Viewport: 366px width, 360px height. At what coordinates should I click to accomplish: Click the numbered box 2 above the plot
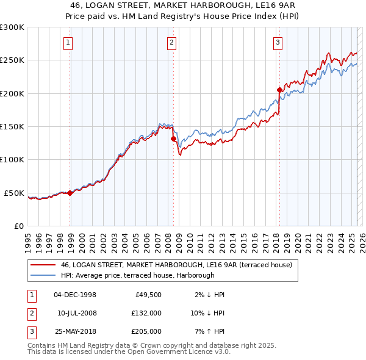pyautogui.click(x=171, y=42)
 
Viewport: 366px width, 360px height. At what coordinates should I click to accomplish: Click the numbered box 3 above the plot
pyautogui.click(x=278, y=42)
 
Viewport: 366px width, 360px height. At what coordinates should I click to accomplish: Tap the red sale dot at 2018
pyautogui.click(x=280, y=90)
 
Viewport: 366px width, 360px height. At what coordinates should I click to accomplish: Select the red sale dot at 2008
pyautogui.click(x=173, y=139)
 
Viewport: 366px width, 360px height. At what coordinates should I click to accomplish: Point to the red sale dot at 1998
pyautogui.click(x=70, y=193)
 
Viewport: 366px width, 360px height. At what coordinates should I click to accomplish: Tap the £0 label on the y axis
pyautogui.click(x=18, y=226)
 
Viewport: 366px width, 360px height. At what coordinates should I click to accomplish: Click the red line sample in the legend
pyautogui.click(x=42, y=265)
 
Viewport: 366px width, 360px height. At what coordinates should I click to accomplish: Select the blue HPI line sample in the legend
pyautogui.click(x=42, y=275)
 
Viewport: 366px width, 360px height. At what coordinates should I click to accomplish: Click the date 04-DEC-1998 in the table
pyautogui.click(x=75, y=295)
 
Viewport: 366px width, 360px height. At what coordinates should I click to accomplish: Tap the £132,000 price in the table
pyautogui.click(x=147, y=313)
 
